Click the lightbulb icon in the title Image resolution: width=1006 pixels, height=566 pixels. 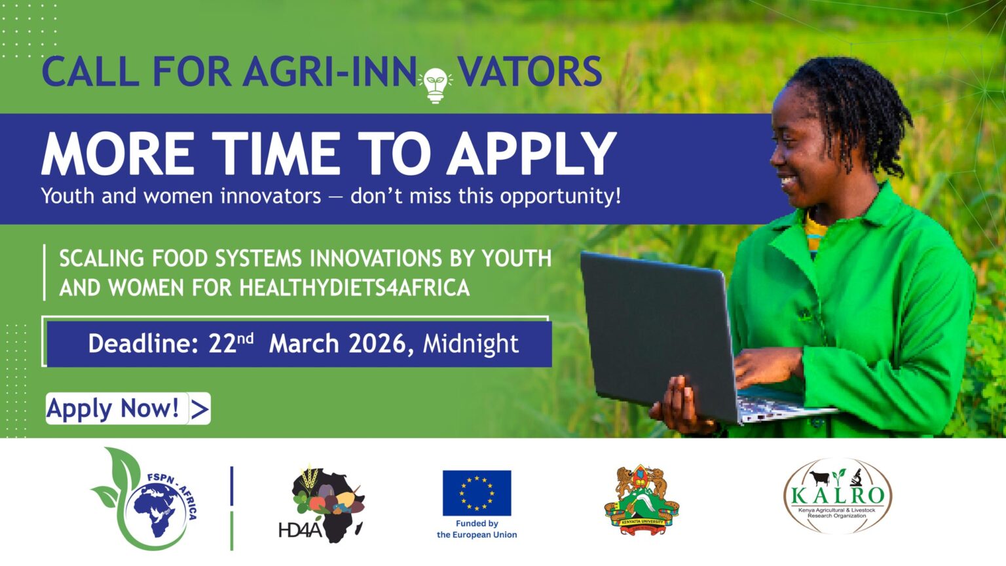tap(436, 85)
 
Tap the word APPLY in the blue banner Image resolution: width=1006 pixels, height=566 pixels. tap(531, 154)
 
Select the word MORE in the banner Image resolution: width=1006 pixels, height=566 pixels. tap(118, 154)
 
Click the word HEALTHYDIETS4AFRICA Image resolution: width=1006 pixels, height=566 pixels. tap(354, 288)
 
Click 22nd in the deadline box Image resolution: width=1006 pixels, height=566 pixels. tap(231, 343)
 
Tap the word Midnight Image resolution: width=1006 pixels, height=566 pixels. tap(470, 343)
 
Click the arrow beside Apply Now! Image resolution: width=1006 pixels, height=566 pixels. tap(199, 409)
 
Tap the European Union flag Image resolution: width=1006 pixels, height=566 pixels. tap(477, 493)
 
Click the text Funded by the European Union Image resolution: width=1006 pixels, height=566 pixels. tap(477, 529)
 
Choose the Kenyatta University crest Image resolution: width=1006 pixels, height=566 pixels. tap(641, 501)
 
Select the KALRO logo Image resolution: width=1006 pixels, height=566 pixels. tap(837, 496)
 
